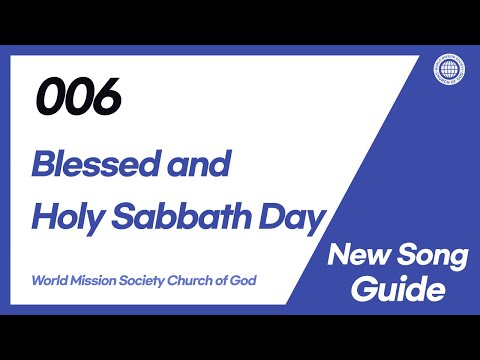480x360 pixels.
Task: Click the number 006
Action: pos(79,97)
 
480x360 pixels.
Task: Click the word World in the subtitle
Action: pos(49,279)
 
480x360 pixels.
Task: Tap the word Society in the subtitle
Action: pos(147,279)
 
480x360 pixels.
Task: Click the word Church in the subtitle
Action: pos(197,279)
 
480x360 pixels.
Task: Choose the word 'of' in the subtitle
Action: pos(224,279)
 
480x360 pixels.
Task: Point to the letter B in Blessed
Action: pos(43,162)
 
